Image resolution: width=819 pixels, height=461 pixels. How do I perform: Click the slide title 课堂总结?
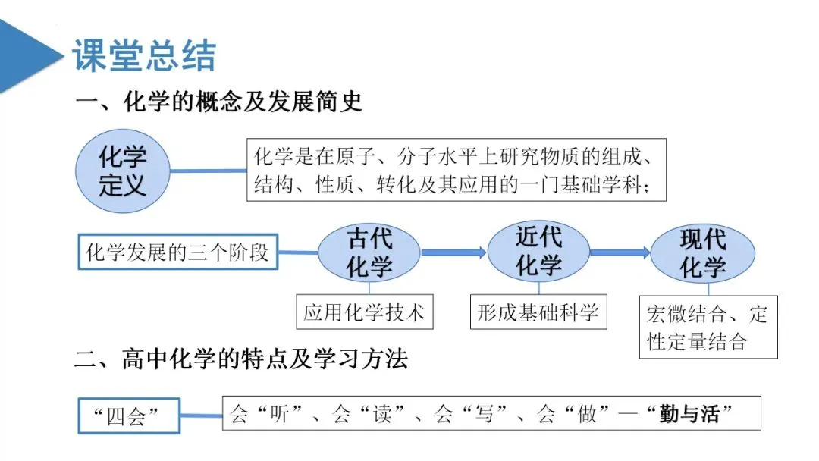point(144,56)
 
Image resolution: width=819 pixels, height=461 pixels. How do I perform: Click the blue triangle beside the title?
point(27,55)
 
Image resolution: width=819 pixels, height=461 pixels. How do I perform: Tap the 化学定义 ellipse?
point(122,171)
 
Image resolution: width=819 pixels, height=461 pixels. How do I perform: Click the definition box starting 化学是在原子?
point(456,170)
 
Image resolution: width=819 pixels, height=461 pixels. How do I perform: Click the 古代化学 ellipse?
point(369,253)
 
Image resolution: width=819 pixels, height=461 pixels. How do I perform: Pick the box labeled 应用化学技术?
point(364,312)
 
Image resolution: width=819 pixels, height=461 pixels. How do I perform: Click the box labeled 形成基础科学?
point(538,312)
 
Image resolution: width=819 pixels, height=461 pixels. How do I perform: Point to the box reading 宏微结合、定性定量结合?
point(708,328)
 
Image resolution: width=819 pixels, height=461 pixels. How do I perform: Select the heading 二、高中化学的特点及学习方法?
point(241,359)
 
